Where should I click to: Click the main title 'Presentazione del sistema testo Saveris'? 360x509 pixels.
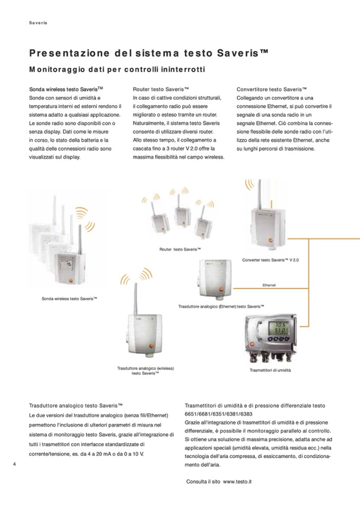pyautogui.click(x=149, y=54)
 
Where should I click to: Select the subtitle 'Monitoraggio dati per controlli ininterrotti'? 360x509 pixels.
pyautogui.click(x=117, y=70)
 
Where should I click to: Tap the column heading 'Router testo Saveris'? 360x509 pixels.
pyautogui.click(x=161, y=90)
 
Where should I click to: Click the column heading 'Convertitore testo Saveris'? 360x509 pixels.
pyautogui.click(x=272, y=90)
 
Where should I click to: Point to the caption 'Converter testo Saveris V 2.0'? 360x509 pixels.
pyautogui.click(x=270, y=260)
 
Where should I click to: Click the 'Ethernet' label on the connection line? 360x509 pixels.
pyautogui.click(x=269, y=285)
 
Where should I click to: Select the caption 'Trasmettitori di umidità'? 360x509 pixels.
pyautogui.click(x=270, y=370)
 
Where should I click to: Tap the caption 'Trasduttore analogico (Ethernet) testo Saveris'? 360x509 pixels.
pyautogui.click(x=221, y=307)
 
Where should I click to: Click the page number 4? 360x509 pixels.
pyautogui.click(x=14, y=464)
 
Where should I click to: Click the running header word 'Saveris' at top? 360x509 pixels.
pyautogui.click(x=38, y=23)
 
